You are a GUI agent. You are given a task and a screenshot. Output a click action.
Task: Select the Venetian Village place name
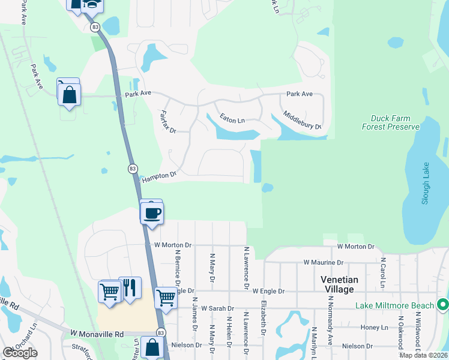(x=339, y=284)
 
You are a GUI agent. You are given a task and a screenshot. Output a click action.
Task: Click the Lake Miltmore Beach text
(x=394, y=305)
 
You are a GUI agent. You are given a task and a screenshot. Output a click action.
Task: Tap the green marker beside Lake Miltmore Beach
(x=443, y=305)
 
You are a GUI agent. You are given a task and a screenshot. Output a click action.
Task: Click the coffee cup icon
(x=152, y=212)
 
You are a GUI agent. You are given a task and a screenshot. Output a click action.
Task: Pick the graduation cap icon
(x=92, y=5)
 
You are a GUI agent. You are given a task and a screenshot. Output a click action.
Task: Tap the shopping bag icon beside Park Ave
(x=69, y=94)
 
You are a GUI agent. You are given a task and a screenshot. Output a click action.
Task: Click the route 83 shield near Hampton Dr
(x=133, y=169)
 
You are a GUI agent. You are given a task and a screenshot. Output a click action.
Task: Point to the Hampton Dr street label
(x=159, y=175)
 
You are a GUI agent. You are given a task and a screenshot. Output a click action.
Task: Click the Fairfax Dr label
(x=167, y=121)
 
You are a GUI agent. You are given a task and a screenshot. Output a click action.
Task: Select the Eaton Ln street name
(x=232, y=120)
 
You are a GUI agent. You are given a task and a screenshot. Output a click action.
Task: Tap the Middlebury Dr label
(x=302, y=121)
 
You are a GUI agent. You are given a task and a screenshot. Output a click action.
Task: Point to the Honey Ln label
(x=376, y=327)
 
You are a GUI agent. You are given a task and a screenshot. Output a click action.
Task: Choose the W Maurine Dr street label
(x=323, y=262)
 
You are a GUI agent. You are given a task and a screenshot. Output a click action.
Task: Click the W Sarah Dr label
(x=217, y=308)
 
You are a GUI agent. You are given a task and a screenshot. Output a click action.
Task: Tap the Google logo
(x=20, y=353)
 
